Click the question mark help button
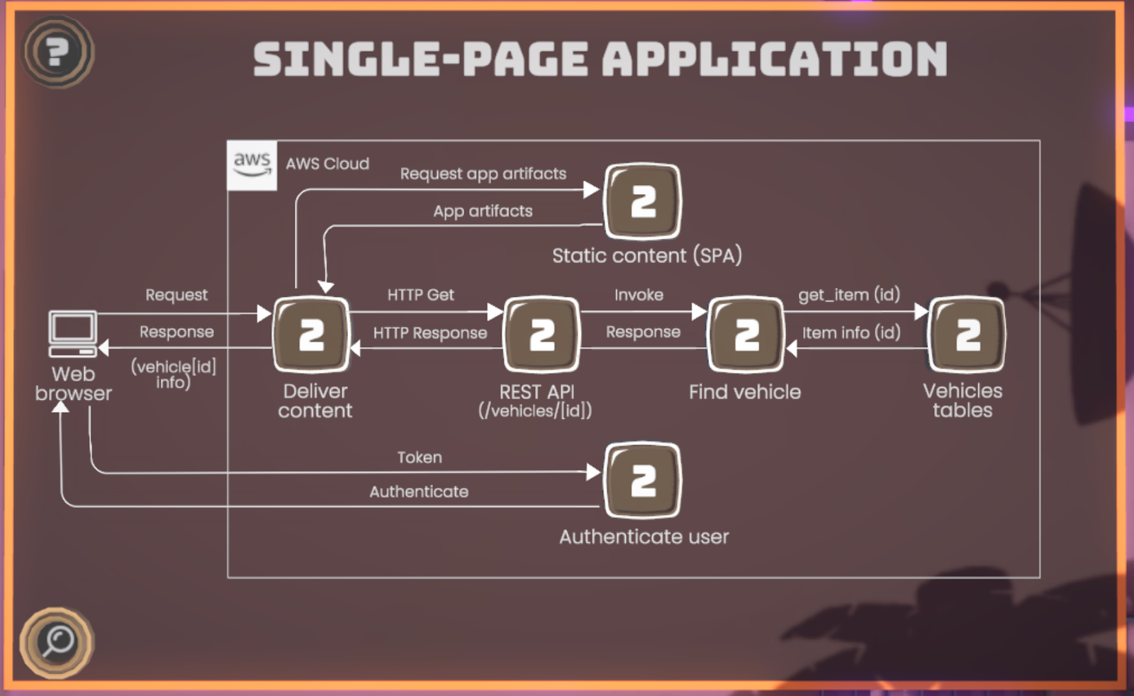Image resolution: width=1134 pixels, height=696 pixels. point(57,52)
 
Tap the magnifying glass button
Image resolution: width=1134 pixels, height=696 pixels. point(57,642)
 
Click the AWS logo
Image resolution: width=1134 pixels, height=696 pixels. point(252,164)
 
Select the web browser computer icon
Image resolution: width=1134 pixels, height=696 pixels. point(72,333)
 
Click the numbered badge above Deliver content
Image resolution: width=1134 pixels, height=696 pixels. point(311,335)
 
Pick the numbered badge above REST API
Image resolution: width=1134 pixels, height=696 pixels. point(541,335)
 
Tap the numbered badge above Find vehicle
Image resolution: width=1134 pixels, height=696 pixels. point(746,335)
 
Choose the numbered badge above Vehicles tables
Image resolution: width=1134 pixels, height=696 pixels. point(967,335)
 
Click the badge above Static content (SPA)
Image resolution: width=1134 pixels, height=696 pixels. point(642,201)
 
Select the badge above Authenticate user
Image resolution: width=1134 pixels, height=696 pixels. point(642,481)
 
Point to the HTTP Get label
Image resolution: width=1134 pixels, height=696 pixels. point(420,295)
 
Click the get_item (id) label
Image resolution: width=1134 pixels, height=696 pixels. point(849,295)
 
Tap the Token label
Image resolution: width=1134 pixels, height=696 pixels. point(420,458)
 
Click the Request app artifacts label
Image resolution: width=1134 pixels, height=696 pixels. point(483,174)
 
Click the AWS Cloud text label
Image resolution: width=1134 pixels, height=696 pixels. point(327,164)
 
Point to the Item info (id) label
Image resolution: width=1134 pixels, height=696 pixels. point(851,332)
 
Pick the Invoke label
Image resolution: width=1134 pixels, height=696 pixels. point(639,295)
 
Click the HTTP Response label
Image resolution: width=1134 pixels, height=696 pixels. point(430,333)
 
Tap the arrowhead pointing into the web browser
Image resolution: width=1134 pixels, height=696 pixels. point(104,348)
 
